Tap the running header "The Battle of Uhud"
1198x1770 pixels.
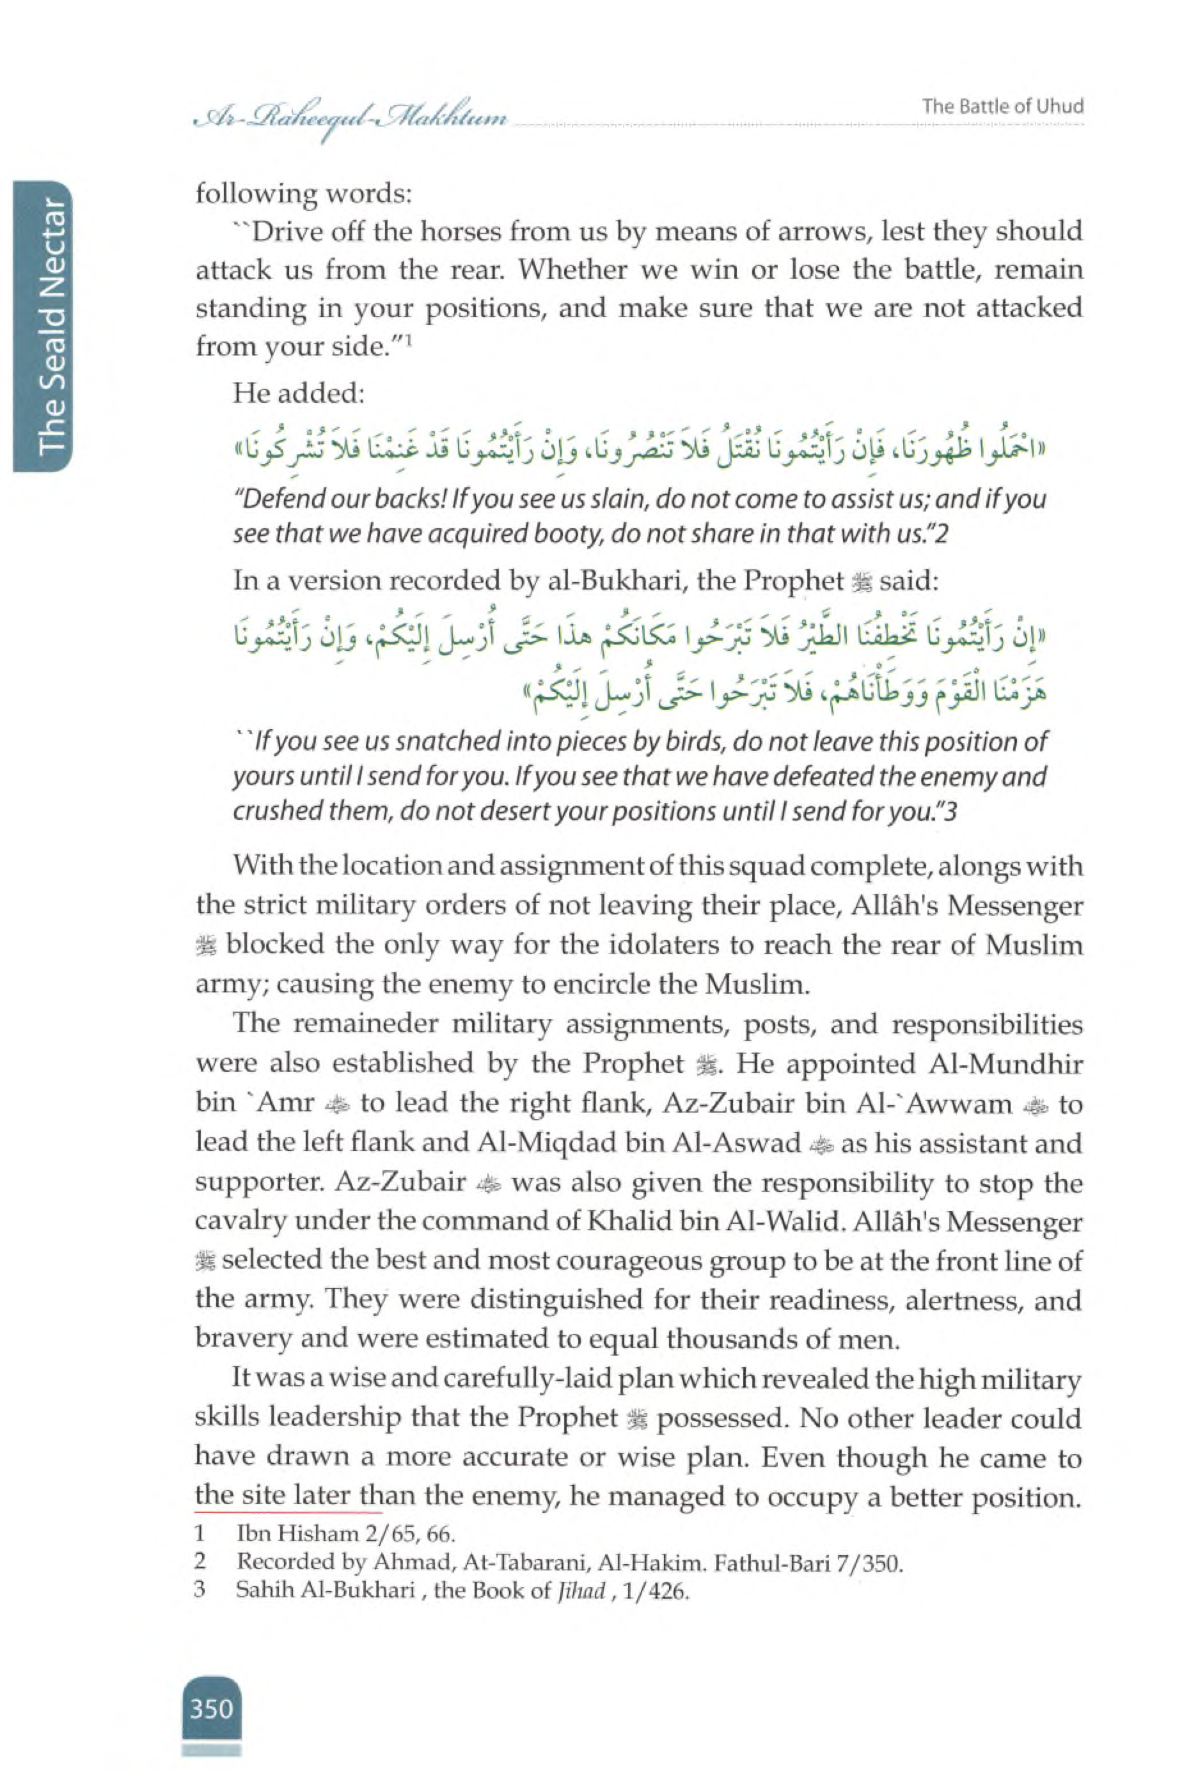pos(1002,107)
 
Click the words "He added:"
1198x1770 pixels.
pos(299,394)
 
